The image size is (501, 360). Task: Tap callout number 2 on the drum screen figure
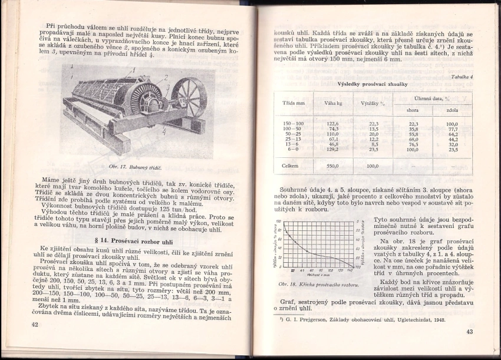coord(166,77)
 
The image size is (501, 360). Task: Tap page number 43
coord(469,332)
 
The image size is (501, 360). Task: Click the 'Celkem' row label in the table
coord(291,166)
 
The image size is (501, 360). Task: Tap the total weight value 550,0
coord(333,166)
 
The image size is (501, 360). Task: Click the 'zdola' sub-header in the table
coord(453,110)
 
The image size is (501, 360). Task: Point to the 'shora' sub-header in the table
coord(412,110)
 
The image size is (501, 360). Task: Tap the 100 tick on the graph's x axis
coord(329,272)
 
